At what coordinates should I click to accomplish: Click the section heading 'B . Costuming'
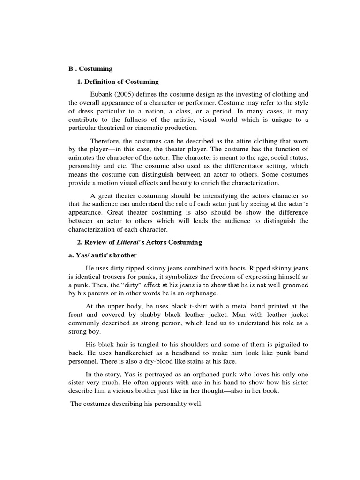pyautogui.click(x=90, y=69)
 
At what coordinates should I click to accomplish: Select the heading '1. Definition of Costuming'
pyautogui.click(x=118, y=82)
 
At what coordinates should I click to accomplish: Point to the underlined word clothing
pyautogui.click(x=284, y=95)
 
